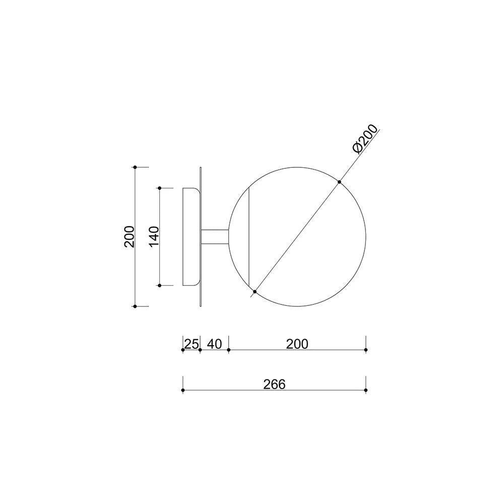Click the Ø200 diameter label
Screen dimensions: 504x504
365,139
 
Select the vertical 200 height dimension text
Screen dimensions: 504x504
130,236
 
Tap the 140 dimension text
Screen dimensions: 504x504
154,236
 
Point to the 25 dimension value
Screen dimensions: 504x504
191,344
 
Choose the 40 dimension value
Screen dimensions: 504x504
214,344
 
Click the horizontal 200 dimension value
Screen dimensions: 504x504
297,344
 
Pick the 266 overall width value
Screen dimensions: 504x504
274,385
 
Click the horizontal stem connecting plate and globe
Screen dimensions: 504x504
214,237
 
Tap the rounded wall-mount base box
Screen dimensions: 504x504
191,236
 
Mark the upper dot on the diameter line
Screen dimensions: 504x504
339,182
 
